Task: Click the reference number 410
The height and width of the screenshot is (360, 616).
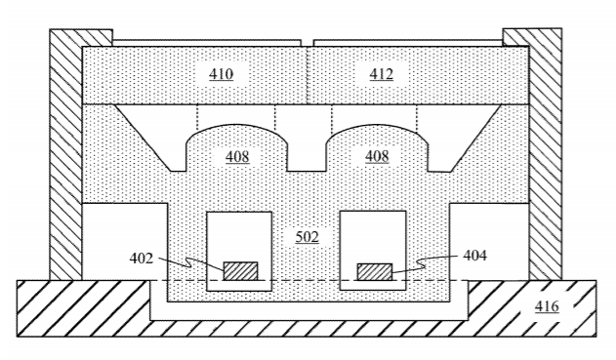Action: point(221,74)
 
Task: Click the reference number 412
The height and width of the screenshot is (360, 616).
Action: point(381,74)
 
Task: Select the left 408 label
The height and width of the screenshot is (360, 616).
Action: point(237,157)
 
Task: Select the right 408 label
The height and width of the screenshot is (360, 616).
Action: point(377,156)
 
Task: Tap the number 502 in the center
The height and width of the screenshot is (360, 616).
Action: point(307,237)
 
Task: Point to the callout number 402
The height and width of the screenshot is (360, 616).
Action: point(141,259)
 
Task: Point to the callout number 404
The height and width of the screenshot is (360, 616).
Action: point(475,256)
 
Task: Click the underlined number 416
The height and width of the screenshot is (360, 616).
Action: point(547,306)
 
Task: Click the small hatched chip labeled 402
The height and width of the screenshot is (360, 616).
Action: point(240,271)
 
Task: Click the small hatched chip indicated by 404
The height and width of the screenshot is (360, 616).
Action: point(375,272)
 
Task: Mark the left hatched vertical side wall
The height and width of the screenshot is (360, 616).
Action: point(66,155)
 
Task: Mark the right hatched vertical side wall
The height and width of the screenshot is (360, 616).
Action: point(546,154)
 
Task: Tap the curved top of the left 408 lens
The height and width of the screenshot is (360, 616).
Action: point(236,126)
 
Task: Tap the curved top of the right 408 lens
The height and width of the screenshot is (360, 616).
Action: point(377,126)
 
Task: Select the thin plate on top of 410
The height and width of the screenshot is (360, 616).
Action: point(207,43)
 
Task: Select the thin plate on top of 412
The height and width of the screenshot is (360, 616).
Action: point(408,43)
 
